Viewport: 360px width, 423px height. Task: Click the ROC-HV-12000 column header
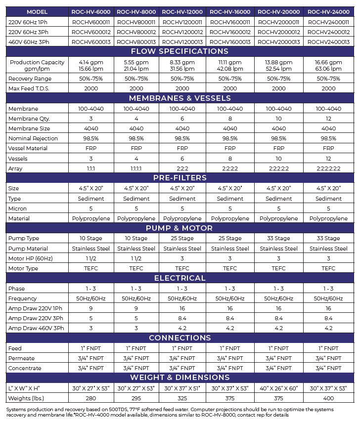click(x=182, y=11)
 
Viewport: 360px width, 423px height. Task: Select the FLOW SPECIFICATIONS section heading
click(x=180, y=51)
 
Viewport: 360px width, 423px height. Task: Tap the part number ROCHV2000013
click(x=278, y=42)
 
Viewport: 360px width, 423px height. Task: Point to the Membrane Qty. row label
click(x=29, y=119)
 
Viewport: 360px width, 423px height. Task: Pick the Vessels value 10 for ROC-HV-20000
click(x=278, y=159)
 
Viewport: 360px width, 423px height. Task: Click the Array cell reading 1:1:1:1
click(x=136, y=169)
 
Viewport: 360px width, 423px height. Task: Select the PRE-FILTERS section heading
click(x=180, y=178)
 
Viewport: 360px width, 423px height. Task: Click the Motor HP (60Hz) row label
click(x=31, y=258)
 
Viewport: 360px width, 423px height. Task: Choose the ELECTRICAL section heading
click(x=180, y=278)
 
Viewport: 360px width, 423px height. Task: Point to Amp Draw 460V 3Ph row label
click(x=36, y=328)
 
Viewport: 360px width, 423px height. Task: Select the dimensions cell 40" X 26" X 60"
click(x=278, y=388)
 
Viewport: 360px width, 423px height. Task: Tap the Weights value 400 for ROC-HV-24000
click(x=328, y=398)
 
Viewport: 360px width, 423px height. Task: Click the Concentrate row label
click(x=22, y=368)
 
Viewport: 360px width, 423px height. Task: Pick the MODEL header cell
click(x=37, y=11)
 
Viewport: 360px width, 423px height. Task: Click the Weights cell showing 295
click(x=136, y=398)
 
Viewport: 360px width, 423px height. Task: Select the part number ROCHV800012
click(x=136, y=32)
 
